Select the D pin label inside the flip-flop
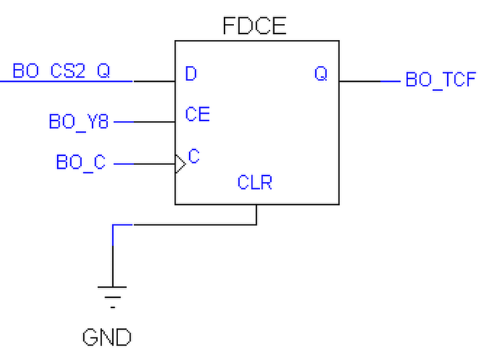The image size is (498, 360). coord(191,74)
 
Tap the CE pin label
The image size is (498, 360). coord(197,114)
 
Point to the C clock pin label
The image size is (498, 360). coord(194,156)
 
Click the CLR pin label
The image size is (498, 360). coord(255,183)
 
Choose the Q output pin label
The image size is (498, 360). coord(320,74)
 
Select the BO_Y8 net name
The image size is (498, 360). coord(78,122)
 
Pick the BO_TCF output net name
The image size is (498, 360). coord(440,80)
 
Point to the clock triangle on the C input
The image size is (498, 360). coord(180,164)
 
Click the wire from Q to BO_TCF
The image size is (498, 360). coord(370,81)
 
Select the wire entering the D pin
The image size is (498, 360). coord(152,81)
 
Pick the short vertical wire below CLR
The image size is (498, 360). coord(257,214)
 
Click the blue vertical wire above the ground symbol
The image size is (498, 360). coord(112,254)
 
